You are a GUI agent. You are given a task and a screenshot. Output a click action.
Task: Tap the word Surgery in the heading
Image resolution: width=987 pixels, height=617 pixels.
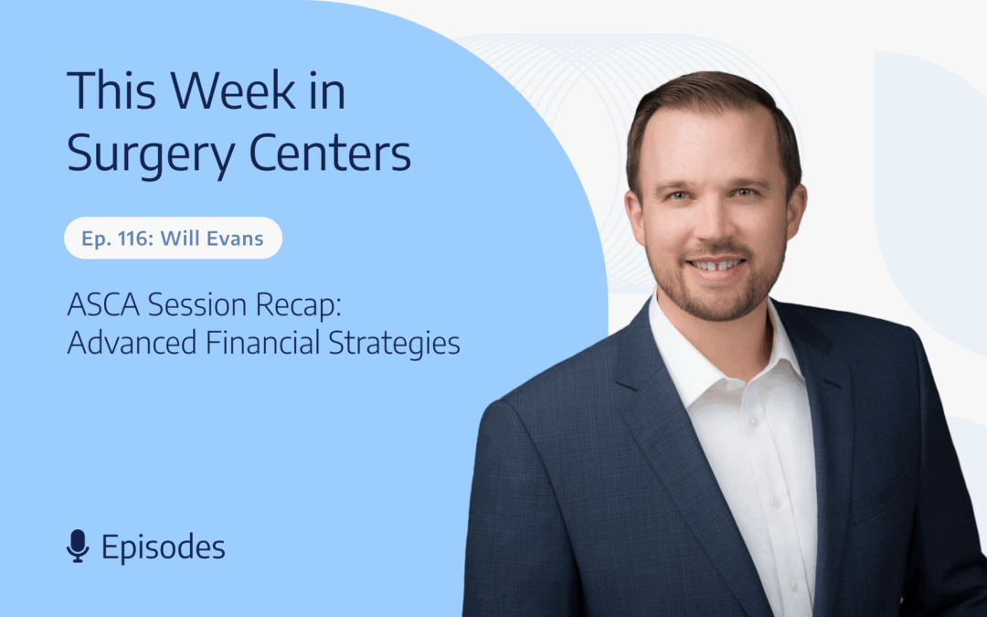(x=151, y=154)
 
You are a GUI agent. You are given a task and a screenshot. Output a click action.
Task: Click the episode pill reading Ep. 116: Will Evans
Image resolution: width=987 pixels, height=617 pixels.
(x=173, y=238)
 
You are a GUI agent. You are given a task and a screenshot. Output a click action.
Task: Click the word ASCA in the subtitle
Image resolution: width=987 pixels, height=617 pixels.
(x=102, y=305)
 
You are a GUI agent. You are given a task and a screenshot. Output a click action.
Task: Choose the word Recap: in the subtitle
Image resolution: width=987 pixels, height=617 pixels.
(x=298, y=307)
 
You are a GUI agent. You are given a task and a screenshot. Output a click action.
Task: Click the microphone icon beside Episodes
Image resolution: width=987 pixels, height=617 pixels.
(x=78, y=546)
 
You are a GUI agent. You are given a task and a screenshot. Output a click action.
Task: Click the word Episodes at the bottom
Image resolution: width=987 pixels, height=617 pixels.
(x=163, y=548)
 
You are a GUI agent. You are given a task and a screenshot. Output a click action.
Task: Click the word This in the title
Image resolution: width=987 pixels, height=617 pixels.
(x=111, y=92)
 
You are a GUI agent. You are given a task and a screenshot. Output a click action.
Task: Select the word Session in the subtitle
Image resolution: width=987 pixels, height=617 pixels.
(x=197, y=305)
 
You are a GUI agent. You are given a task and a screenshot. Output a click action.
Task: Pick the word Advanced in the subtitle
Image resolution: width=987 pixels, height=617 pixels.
(x=132, y=343)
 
